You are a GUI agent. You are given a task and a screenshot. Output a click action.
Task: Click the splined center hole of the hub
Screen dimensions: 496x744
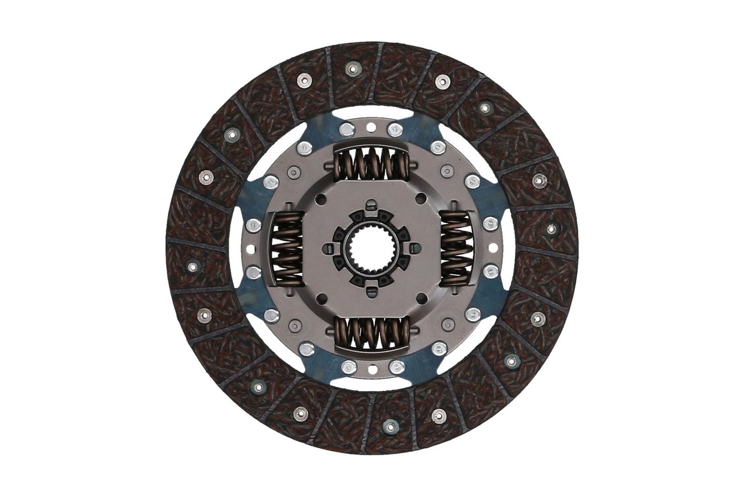pos(372,247)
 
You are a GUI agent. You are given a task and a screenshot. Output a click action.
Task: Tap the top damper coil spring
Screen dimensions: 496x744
pos(372,163)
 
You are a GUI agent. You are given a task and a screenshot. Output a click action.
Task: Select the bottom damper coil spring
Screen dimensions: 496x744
pos(372,333)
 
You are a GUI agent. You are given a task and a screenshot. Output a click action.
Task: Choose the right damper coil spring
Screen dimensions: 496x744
pos(456,248)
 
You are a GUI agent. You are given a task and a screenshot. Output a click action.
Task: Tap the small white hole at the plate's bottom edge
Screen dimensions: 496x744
pos(372,370)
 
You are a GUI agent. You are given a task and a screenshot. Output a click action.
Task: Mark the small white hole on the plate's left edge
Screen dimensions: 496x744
pos(252,248)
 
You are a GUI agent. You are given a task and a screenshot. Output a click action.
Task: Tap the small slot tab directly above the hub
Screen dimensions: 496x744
pos(372,204)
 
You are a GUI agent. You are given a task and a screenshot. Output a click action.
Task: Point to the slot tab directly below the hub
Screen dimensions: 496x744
pos(372,292)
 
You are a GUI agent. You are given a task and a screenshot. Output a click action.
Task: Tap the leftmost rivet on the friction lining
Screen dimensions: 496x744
pos(192,266)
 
